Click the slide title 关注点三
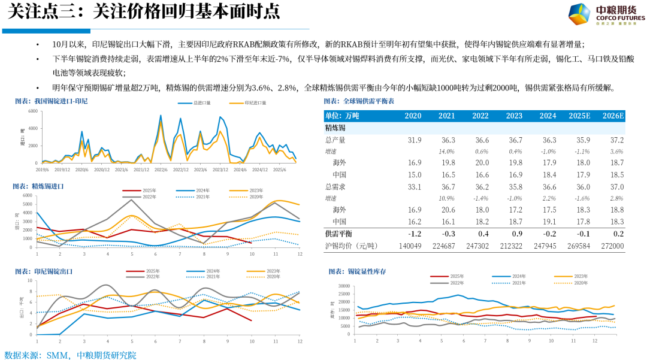(x=142, y=13)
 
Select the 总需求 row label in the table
(x=335, y=186)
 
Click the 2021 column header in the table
(x=446, y=116)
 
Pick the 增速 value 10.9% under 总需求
(x=446, y=198)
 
